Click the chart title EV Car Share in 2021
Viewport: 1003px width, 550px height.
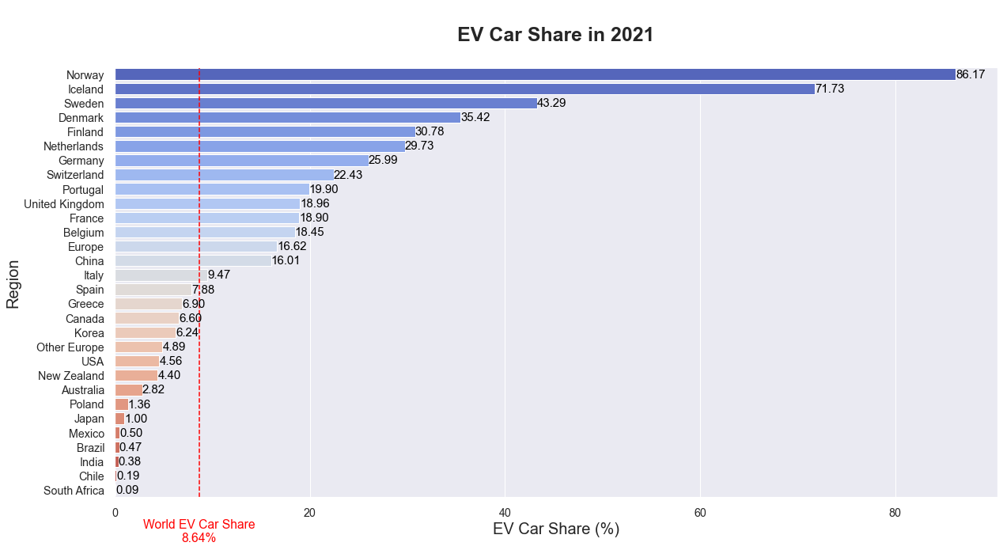[555, 36]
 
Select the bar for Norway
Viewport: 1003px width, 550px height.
[535, 74]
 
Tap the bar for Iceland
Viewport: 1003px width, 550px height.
[464, 89]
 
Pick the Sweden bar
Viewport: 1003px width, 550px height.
[326, 103]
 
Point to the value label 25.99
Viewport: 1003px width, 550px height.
[383, 161]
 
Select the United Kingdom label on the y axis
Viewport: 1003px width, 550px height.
[64, 204]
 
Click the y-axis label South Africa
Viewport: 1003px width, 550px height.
[74, 491]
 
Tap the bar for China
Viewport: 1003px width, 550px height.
[193, 261]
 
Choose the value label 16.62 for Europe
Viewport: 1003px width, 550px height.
[292, 247]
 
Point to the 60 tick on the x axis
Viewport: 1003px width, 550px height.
[700, 513]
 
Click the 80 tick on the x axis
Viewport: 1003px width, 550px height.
[895, 513]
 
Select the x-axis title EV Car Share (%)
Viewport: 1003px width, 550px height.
[555, 529]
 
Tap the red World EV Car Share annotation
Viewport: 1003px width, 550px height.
[199, 531]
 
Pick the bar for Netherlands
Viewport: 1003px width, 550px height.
[259, 146]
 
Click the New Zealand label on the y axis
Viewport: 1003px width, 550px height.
[71, 376]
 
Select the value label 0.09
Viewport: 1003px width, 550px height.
[127, 491]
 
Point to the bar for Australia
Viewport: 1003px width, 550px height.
[129, 390]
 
